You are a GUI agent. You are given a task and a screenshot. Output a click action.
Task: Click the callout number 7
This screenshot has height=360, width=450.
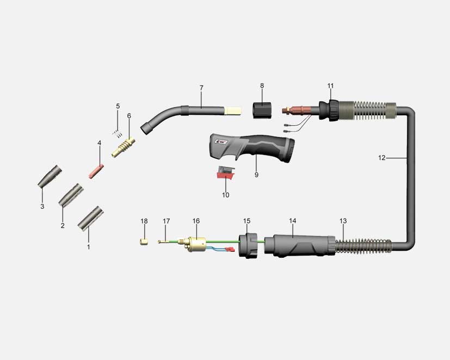[x=201, y=88]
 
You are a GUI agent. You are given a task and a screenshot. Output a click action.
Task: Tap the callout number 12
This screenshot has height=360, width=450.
[x=381, y=158]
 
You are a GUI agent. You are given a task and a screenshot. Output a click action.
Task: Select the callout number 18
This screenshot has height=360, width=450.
[x=144, y=221]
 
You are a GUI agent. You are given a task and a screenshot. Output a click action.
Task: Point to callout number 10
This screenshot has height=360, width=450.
[x=226, y=195]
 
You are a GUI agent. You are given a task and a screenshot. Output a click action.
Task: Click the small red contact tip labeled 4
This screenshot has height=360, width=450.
[x=96, y=171]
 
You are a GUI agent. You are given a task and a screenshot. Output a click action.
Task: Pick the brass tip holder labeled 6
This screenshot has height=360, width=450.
[x=124, y=147]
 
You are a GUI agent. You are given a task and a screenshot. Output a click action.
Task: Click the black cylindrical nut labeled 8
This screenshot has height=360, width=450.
[x=262, y=110]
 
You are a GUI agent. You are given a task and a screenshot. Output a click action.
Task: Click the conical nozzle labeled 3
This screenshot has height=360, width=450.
[x=50, y=176]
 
